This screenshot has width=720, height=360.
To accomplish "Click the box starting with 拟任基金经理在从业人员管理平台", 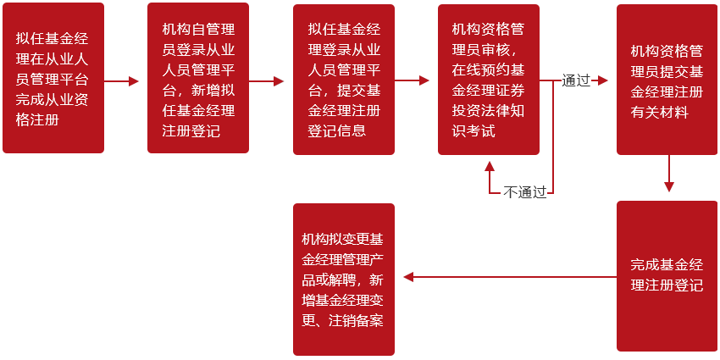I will coord(53,78).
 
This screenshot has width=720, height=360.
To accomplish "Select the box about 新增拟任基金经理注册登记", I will coord(198,78).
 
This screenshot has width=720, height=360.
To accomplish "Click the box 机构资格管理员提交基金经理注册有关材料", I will coord(667,80).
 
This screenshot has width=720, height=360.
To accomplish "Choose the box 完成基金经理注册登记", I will coord(667,275).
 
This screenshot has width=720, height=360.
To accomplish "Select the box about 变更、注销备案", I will coord(344,279).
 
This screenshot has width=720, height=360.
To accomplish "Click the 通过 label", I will coord(576,81).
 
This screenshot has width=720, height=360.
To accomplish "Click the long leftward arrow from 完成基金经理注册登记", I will coord(508,277).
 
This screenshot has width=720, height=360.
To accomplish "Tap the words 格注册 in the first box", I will coord(37,119).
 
